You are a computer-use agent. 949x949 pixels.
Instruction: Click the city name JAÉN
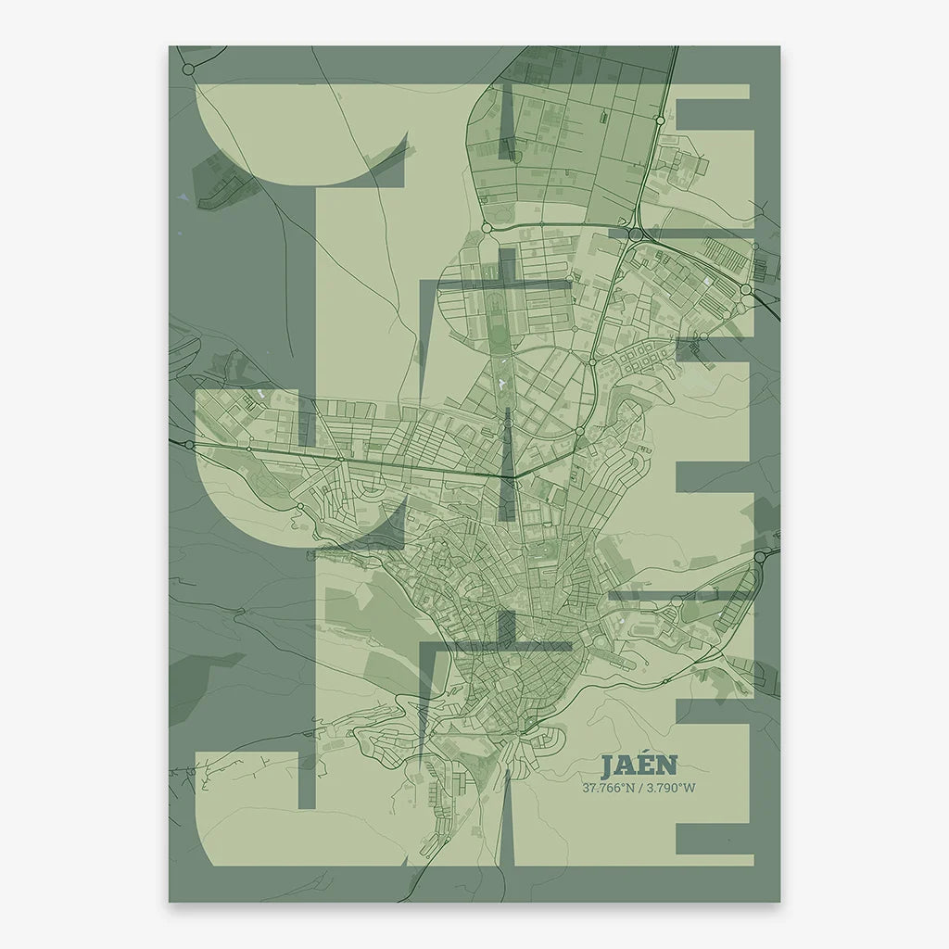point(639,766)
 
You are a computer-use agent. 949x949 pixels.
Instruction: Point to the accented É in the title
point(647,765)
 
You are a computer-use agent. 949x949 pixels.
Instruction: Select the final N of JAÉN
point(667,766)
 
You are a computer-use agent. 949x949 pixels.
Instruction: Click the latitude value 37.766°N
point(607,789)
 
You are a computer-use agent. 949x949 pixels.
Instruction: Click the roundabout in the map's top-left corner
point(188,70)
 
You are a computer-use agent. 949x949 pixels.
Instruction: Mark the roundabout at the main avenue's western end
point(189,445)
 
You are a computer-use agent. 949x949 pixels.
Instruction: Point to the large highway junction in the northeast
point(635,235)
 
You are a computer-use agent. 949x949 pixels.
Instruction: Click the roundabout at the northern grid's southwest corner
point(486,227)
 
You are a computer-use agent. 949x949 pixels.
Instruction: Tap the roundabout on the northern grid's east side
point(659,120)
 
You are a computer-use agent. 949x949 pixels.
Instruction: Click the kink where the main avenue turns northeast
point(515,476)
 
